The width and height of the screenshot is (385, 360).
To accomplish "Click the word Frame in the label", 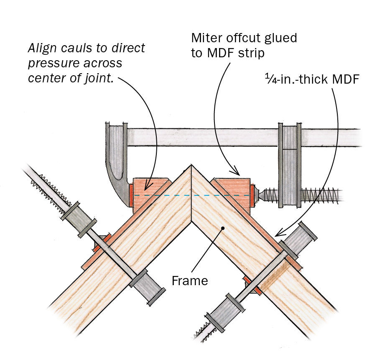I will [x=190, y=280].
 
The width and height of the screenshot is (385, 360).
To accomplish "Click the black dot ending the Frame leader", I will [x=223, y=228].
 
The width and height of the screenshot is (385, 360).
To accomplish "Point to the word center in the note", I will [x=43, y=79].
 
